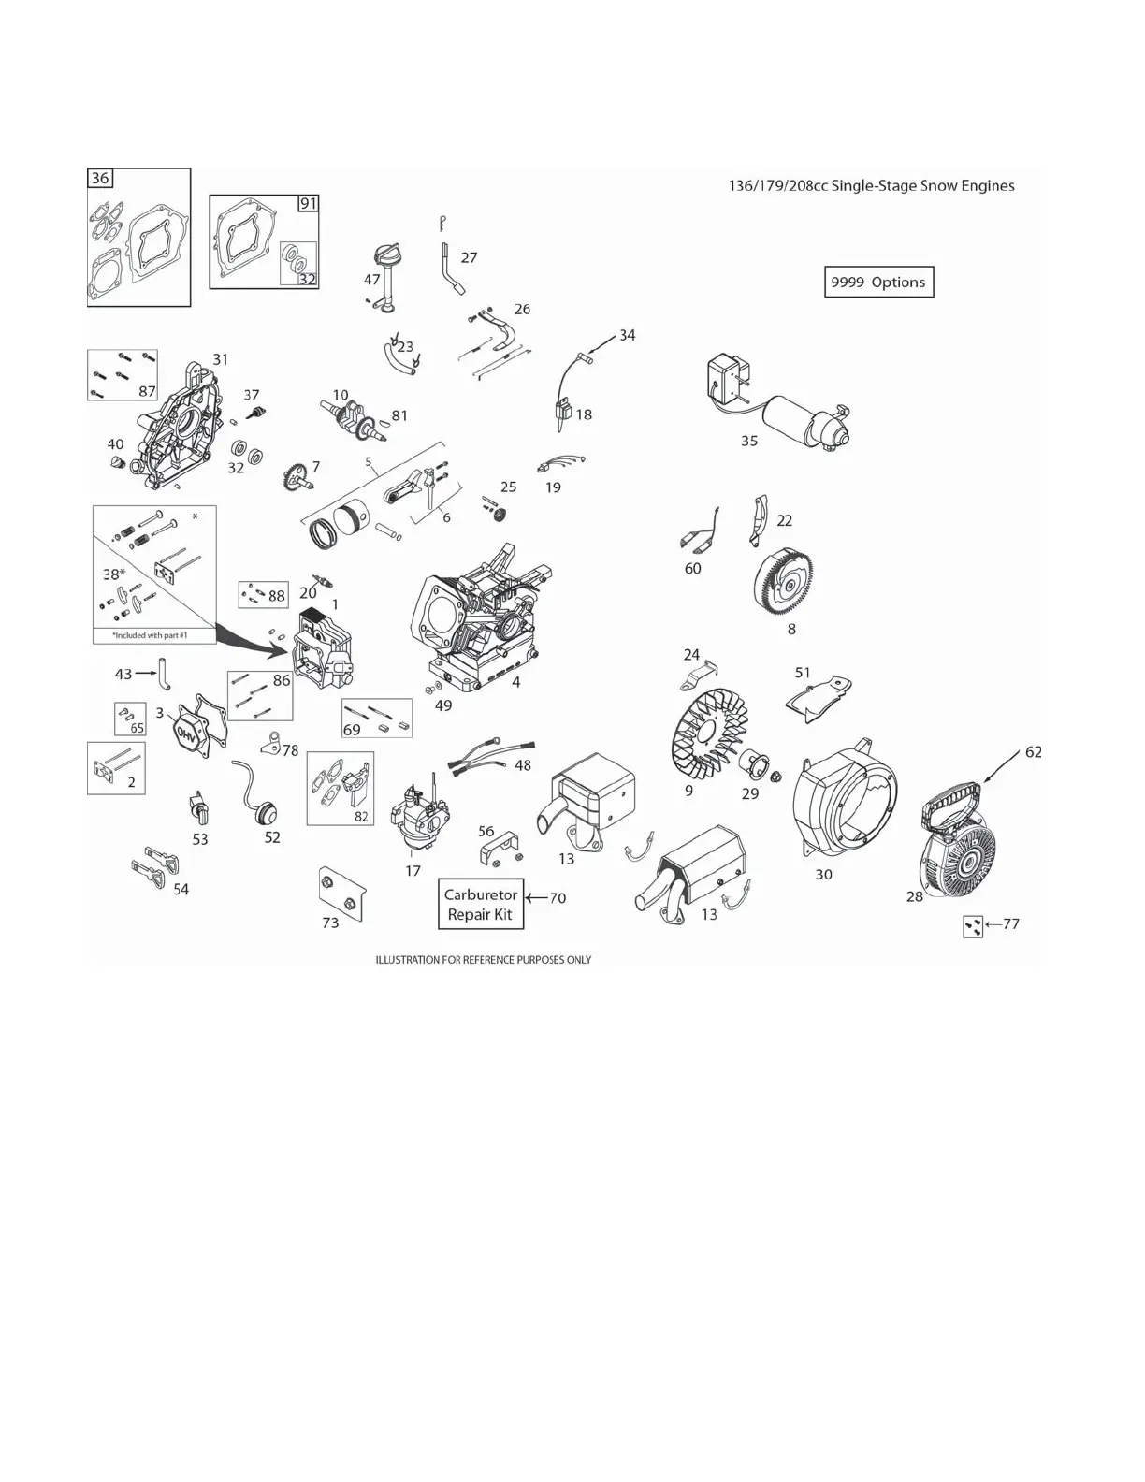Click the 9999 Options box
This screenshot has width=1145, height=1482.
(x=878, y=283)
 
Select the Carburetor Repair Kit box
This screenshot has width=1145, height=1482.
(x=481, y=904)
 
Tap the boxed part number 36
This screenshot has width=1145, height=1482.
(x=100, y=178)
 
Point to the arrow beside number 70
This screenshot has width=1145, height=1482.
(x=536, y=898)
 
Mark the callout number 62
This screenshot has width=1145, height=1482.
(x=1033, y=751)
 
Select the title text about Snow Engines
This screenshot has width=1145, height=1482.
(x=871, y=185)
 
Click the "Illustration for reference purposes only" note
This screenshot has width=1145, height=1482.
(x=483, y=960)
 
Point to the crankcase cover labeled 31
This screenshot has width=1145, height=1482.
(x=177, y=427)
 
